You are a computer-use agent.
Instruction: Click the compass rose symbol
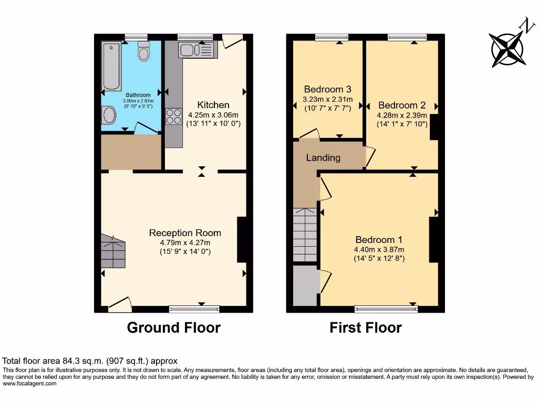(508, 49)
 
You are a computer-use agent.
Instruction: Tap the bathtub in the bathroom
(111, 66)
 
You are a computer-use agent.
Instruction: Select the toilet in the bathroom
(143, 51)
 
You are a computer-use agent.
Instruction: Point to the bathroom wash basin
(109, 114)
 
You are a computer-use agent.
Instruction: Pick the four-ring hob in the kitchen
(173, 115)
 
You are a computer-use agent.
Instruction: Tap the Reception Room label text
(185, 233)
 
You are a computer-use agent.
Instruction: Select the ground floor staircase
(113, 252)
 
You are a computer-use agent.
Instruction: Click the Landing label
(323, 157)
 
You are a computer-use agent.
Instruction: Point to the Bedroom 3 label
(327, 89)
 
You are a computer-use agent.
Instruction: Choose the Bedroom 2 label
(401, 105)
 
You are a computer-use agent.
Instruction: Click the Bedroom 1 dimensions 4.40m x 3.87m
(379, 250)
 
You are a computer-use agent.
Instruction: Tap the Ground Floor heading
(173, 328)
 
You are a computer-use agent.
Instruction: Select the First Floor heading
(365, 328)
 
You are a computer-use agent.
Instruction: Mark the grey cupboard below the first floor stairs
(305, 285)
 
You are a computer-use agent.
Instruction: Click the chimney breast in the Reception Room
(242, 239)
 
